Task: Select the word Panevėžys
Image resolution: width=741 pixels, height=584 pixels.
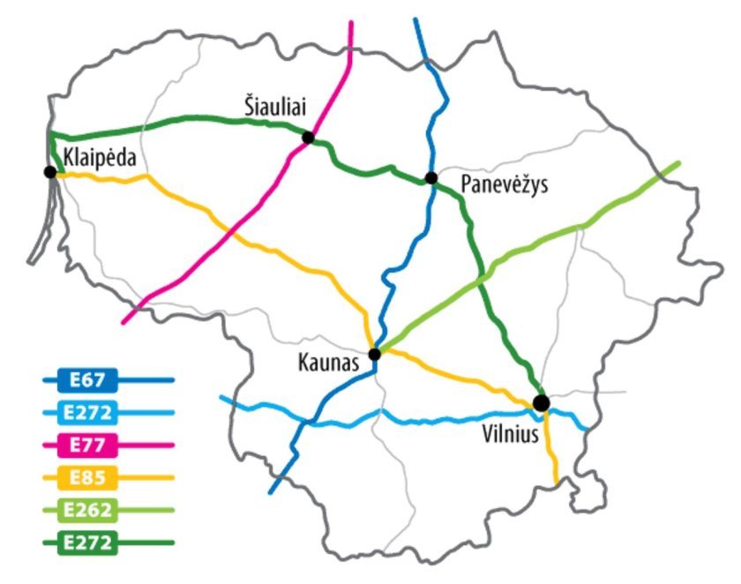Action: click(x=505, y=185)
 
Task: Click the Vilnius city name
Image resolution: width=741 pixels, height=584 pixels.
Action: click(x=509, y=434)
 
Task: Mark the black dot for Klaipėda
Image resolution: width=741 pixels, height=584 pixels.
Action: click(x=50, y=172)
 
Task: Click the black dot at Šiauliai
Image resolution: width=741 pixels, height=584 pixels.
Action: click(x=308, y=137)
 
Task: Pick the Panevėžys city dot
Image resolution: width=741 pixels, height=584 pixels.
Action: click(x=431, y=178)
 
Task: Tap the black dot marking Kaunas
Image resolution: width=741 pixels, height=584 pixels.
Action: click(x=374, y=355)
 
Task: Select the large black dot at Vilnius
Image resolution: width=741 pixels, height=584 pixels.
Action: click(x=541, y=402)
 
